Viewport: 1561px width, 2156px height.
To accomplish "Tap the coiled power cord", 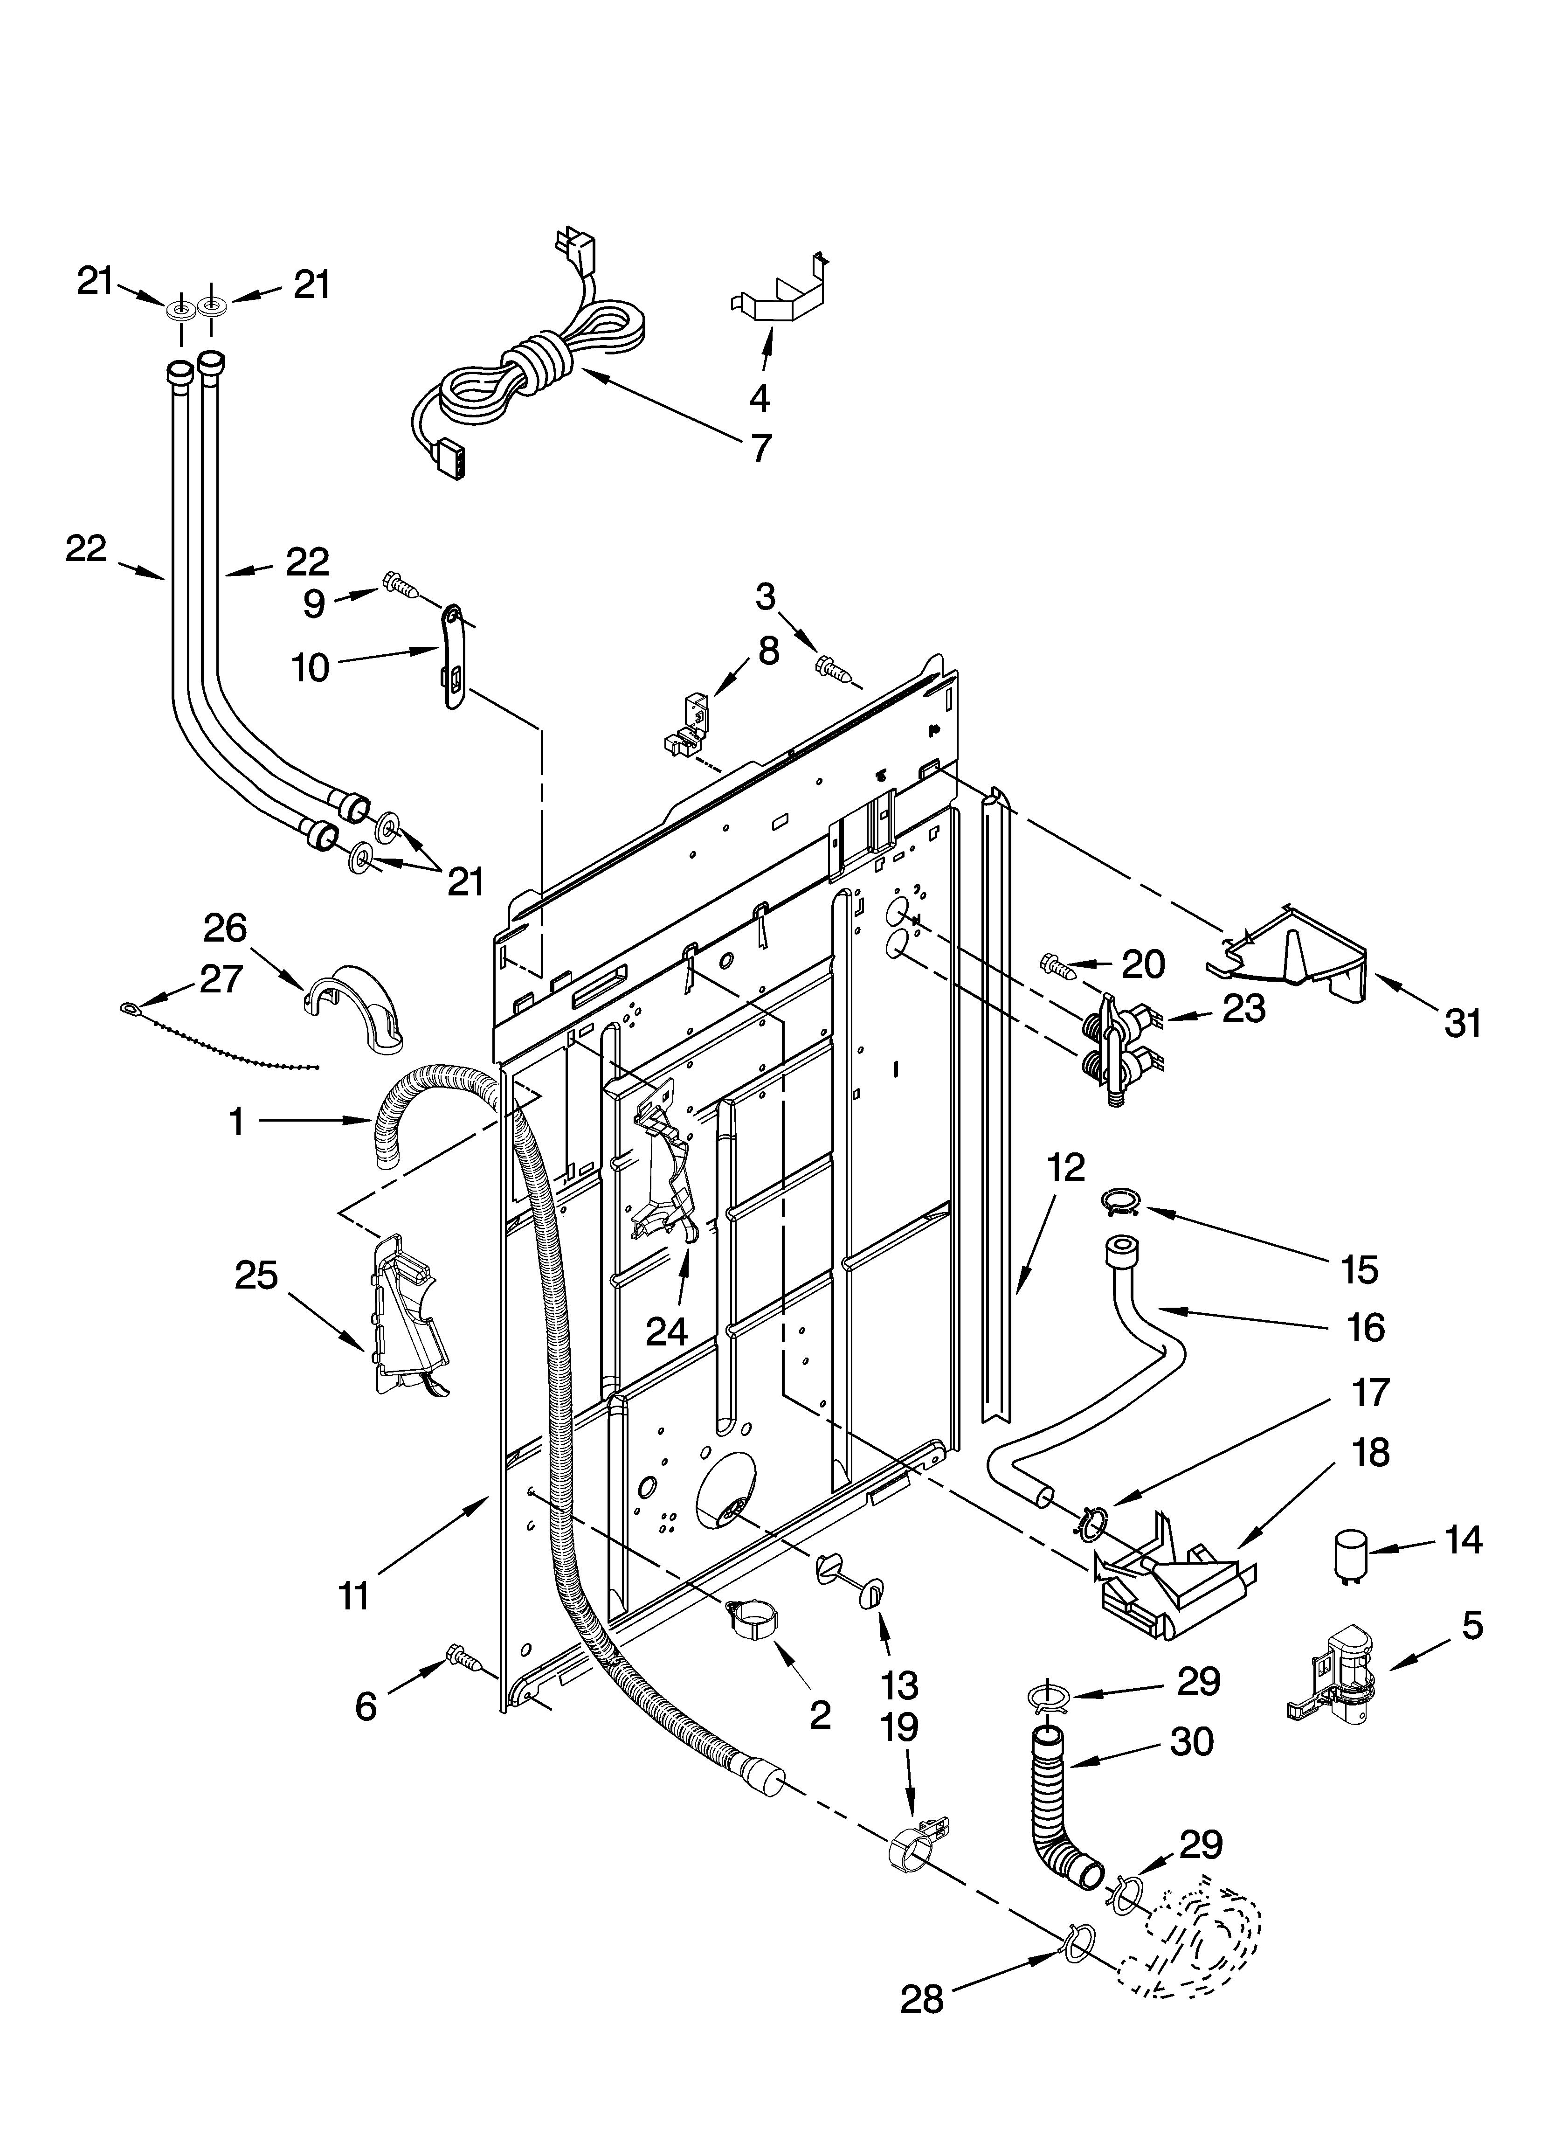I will (532, 366).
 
